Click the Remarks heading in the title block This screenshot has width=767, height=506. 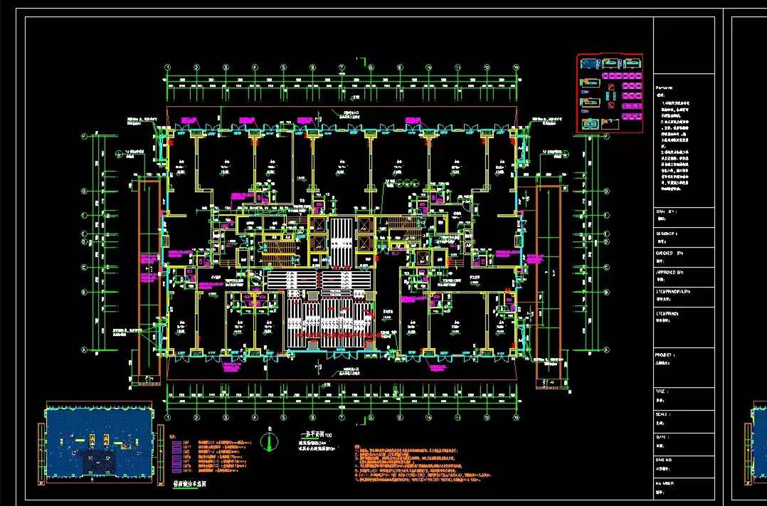pyautogui.click(x=663, y=86)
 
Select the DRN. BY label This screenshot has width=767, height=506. pyautogui.click(x=666, y=211)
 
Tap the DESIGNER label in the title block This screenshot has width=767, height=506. pyautogui.click(x=667, y=233)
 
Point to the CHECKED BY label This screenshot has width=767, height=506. pyautogui.click(x=669, y=253)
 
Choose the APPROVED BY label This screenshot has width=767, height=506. pyautogui.click(x=670, y=272)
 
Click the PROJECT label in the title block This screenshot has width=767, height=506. pyautogui.click(x=665, y=354)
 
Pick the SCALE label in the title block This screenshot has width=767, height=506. pyautogui.click(x=663, y=414)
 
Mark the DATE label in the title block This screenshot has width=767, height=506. pyautogui.click(x=662, y=437)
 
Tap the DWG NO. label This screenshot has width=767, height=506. pyautogui.click(x=664, y=460)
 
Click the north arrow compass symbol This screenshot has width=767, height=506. pyautogui.click(x=269, y=441)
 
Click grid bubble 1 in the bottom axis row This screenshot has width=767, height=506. pyautogui.click(x=168, y=417)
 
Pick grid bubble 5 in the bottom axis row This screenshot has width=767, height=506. pyautogui.click(x=283, y=417)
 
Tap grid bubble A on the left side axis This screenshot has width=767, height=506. pyautogui.click(x=85, y=349)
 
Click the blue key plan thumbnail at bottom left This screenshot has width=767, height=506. pyautogui.click(x=99, y=442)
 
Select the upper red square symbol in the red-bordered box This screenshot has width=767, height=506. pyautogui.click(x=610, y=88)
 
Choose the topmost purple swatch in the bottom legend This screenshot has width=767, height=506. pyautogui.click(x=176, y=443)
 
